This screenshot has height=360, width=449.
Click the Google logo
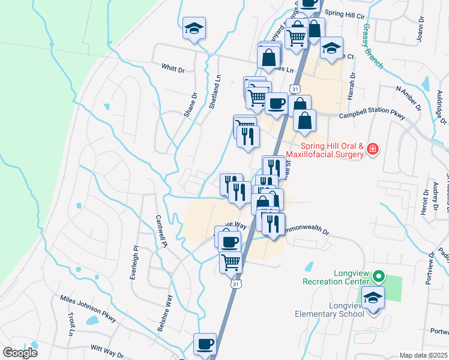point(20,353)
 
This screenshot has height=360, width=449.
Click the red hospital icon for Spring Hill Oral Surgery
point(373,148)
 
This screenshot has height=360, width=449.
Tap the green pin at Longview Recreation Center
point(378,277)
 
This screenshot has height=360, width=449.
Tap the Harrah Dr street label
point(354,85)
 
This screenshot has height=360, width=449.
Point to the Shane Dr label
point(191,104)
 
